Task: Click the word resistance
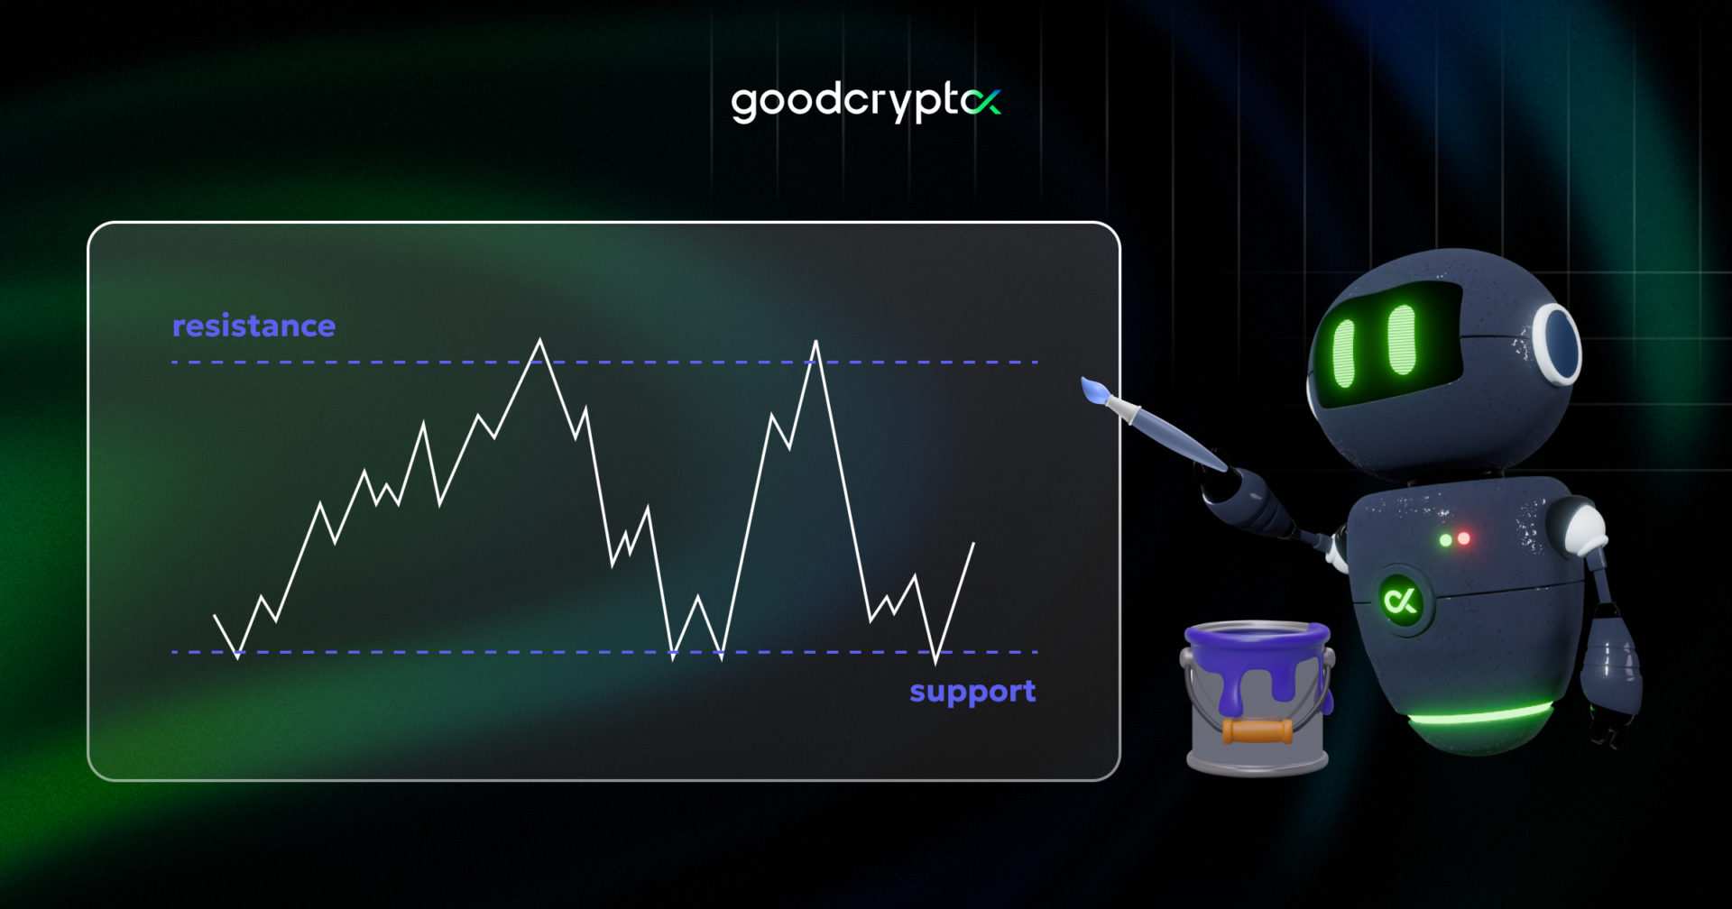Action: pos(253,326)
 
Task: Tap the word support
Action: pos(972,692)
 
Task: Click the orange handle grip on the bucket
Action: pos(1258,730)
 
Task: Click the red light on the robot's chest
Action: pos(1464,538)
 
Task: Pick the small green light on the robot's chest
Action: pos(1445,539)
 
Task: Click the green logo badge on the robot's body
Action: pos(1401,601)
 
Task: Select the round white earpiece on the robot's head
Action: pos(1557,344)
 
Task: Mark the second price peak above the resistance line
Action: pos(815,343)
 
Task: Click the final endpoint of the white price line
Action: pos(974,543)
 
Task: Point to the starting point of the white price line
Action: pos(215,615)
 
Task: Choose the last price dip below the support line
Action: pos(936,662)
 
